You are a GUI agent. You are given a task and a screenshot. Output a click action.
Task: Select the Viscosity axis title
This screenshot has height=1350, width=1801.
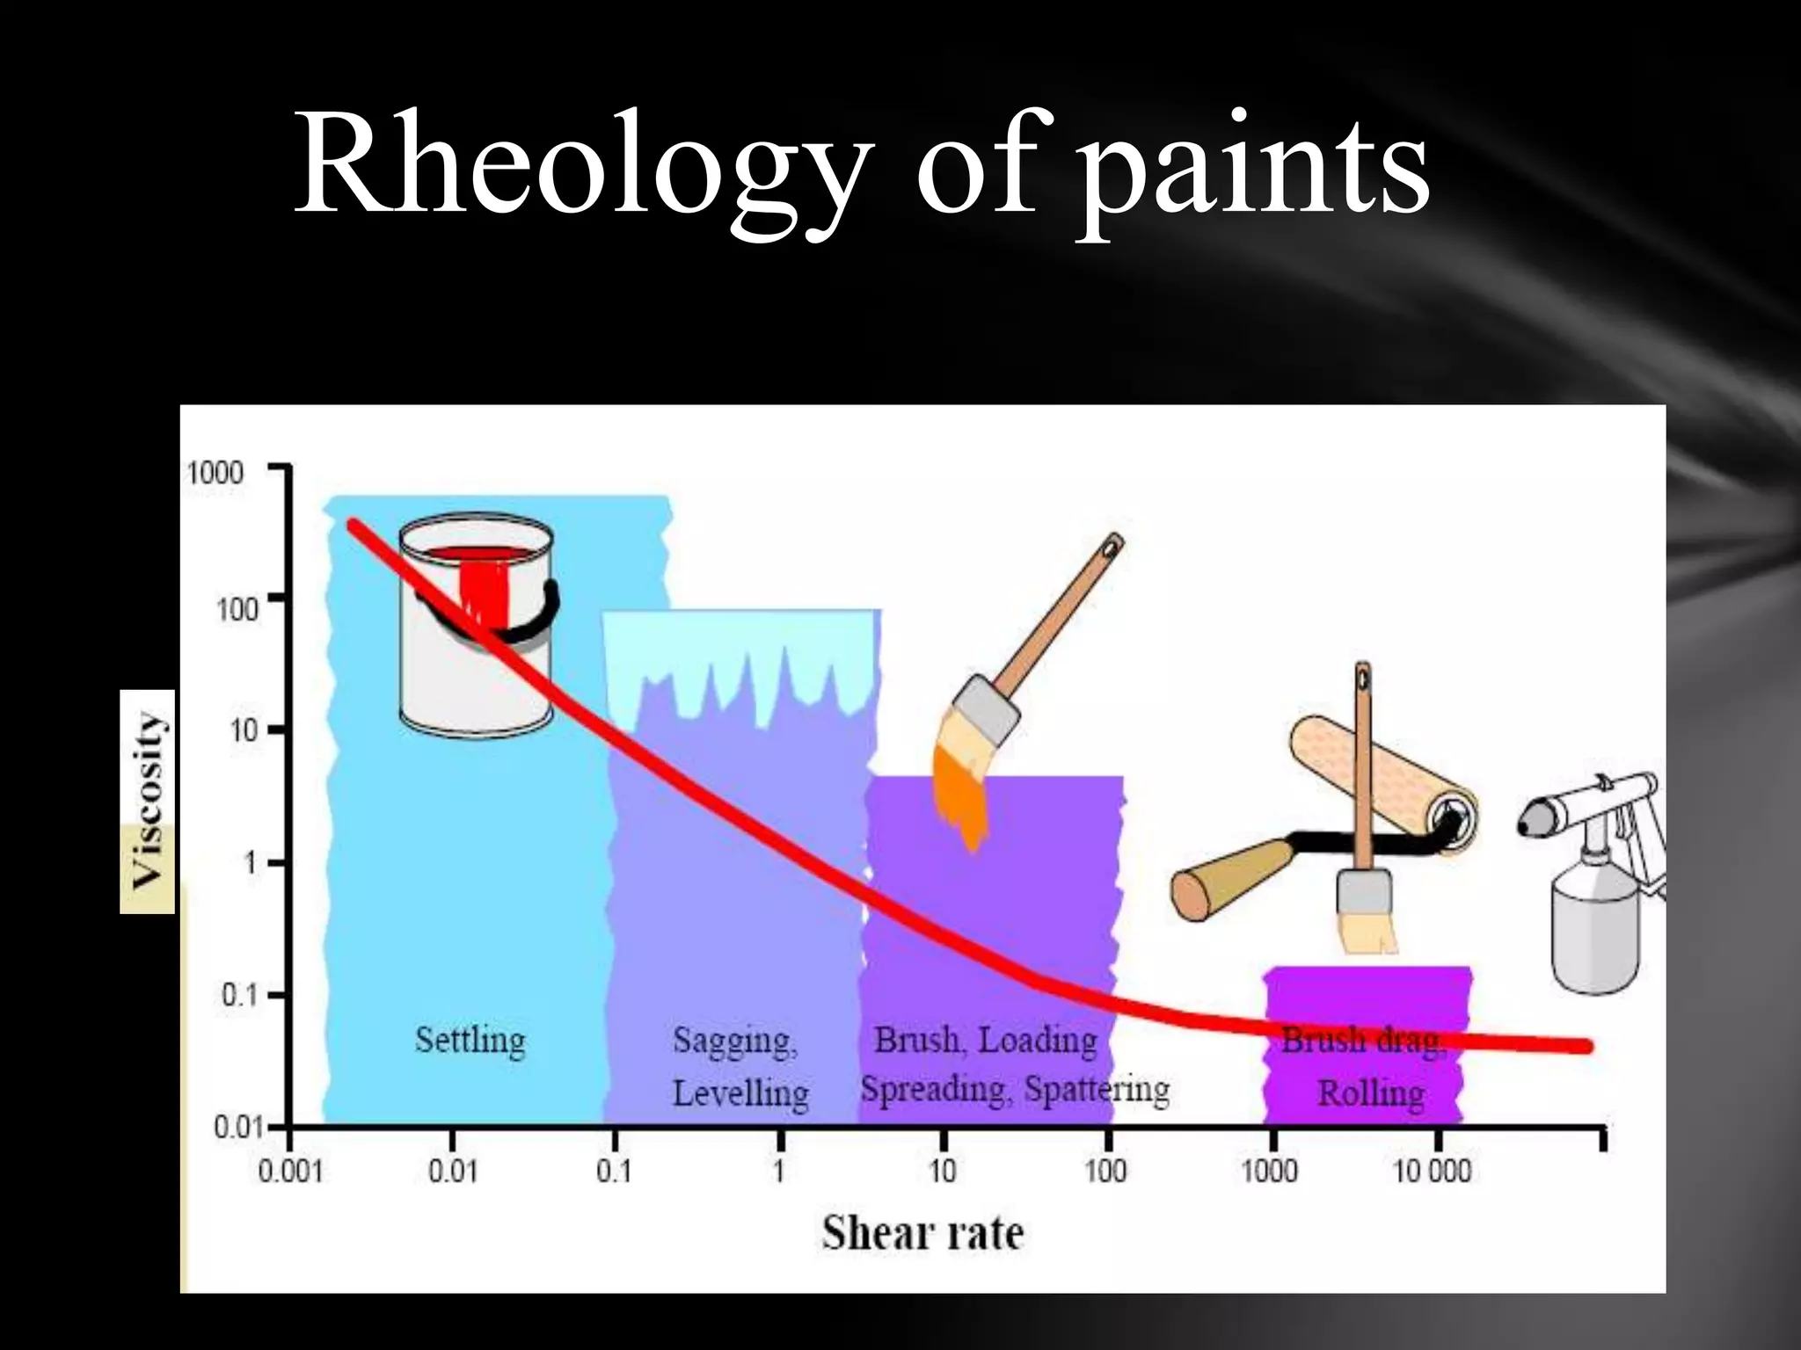[147, 800]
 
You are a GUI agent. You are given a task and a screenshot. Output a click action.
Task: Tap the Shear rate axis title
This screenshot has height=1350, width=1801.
[922, 1232]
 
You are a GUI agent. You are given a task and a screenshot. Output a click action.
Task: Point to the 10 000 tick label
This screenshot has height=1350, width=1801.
[1433, 1171]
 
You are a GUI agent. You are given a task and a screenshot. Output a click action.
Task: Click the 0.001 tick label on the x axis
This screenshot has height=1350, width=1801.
[290, 1172]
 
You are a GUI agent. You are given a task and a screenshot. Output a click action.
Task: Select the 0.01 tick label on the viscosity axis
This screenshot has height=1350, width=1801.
[237, 1127]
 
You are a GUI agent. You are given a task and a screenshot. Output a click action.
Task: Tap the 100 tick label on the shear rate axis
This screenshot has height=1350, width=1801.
[1105, 1171]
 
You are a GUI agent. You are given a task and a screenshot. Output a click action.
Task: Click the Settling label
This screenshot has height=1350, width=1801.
[470, 1041]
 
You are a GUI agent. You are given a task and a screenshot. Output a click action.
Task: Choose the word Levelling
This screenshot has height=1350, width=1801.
[740, 1093]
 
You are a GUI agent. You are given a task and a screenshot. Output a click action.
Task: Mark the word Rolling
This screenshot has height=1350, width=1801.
[1370, 1093]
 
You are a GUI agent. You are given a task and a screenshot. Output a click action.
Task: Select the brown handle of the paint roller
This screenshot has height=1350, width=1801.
[1231, 879]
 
